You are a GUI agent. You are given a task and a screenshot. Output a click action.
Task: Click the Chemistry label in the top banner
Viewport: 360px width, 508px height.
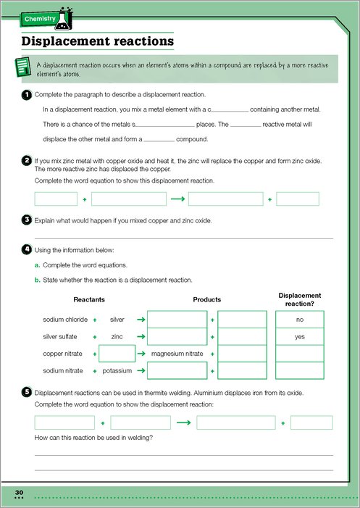click(x=40, y=19)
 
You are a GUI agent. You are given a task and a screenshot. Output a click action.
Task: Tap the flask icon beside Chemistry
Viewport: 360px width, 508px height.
click(x=64, y=19)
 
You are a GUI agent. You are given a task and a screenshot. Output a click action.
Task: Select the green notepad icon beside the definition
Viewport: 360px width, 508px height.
click(x=23, y=67)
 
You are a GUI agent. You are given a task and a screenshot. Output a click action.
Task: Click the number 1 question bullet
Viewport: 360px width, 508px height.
click(x=26, y=95)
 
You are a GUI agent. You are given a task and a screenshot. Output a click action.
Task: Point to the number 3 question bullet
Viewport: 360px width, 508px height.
click(x=26, y=220)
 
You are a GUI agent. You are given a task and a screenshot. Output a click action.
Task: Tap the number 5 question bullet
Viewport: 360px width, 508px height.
click(x=26, y=393)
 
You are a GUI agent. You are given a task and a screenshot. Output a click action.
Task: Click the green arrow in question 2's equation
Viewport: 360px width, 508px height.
click(x=177, y=199)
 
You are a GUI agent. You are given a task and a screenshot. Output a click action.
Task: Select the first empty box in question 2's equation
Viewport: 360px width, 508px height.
click(x=56, y=199)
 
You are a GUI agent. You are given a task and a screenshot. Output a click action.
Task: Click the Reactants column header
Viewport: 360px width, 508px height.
click(x=89, y=300)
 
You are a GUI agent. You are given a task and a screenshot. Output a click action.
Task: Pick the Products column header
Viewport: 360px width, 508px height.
click(x=207, y=300)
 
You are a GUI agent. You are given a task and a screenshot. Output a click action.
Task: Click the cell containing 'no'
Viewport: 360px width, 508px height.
click(x=300, y=320)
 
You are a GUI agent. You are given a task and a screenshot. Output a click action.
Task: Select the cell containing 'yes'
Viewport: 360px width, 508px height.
click(x=300, y=337)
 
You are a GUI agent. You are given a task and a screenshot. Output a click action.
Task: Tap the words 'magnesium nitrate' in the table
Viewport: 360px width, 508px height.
click(x=177, y=354)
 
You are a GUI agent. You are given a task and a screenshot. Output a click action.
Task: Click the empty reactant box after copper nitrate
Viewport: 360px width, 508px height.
click(x=117, y=354)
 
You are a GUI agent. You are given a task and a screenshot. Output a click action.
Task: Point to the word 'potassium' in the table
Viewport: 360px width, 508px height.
click(x=117, y=371)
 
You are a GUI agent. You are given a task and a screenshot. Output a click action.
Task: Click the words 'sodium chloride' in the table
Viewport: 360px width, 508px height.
click(x=65, y=320)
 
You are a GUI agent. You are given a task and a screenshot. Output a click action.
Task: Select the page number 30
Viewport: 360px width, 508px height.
click(x=19, y=493)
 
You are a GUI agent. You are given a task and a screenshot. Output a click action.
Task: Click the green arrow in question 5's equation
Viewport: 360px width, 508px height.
click(x=183, y=422)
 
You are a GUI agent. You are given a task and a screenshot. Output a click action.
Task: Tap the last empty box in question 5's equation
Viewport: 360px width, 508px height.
click(x=311, y=422)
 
